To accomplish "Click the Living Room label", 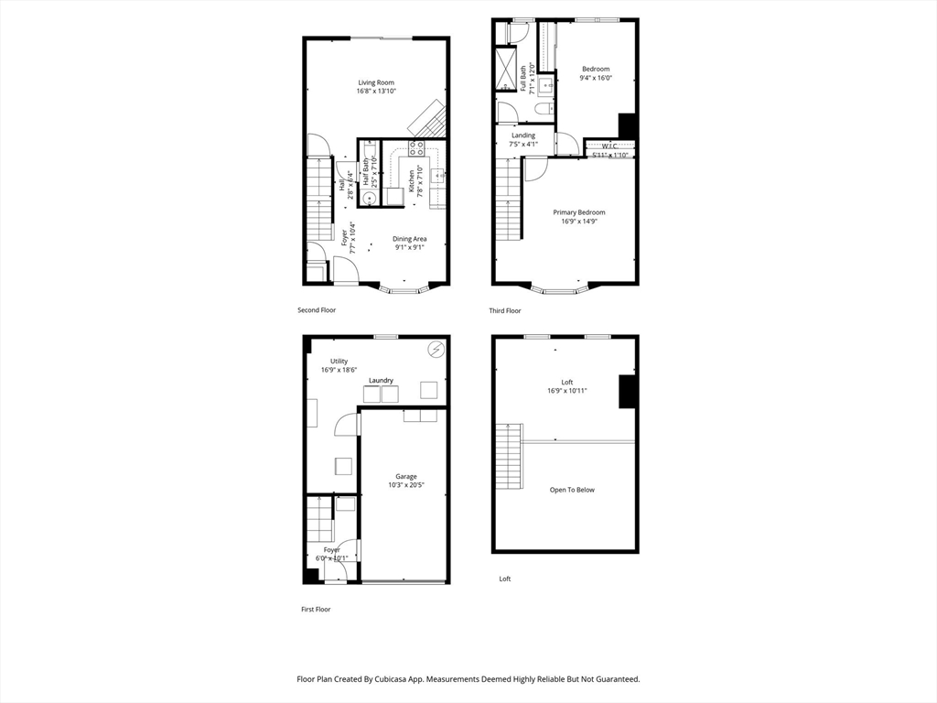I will (x=376, y=82).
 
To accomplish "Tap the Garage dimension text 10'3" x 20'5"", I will (x=406, y=485).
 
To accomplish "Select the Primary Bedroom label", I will (x=578, y=212).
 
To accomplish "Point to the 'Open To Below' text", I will (x=572, y=490).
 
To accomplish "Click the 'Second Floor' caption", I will (x=317, y=310).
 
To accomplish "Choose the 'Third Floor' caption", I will (x=505, y=311).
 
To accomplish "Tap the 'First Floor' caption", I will (x=316, y=609).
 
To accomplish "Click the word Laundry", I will (x=381, y=381).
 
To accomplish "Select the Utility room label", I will (x=339, y=362).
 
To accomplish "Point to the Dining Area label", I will (x=410, y=239).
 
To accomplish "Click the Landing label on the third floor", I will (x=523, y=135).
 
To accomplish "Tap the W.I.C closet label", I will (x=609, y=146).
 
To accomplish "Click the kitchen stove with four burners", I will (x=416, y=148).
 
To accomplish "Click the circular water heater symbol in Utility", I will (x=436, y=349).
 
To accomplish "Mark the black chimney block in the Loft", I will (x=628, y=391).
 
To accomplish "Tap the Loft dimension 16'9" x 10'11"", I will (x=567, y=391).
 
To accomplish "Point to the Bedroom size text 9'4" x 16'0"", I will (x=595, y=78).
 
